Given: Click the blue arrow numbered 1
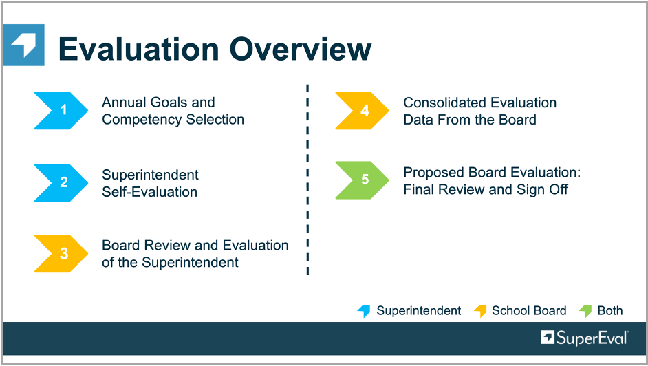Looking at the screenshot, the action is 61,110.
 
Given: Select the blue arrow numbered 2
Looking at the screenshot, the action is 61,182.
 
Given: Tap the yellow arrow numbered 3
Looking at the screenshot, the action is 61,254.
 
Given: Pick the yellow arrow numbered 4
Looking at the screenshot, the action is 362,110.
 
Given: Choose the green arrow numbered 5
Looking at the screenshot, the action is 362,180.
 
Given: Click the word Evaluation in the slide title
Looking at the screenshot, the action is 138,49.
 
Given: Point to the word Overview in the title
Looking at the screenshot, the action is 301,49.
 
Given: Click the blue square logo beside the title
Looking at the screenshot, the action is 23,45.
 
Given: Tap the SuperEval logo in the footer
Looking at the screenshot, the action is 584,338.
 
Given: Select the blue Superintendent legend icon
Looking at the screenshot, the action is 364,311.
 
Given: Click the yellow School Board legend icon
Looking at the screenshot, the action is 480,311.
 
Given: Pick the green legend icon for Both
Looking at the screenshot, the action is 585,311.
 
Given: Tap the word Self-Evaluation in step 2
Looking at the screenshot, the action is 149,192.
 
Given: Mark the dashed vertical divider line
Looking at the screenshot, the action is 307,180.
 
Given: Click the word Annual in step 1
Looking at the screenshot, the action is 124,102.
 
